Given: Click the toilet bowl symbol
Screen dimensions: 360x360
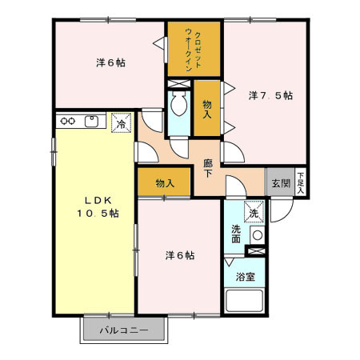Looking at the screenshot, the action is (x=178, y=103).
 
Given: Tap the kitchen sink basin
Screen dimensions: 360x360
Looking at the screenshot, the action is (x=92, y=122).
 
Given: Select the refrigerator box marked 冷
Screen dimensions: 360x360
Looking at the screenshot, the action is (x=122, y=122).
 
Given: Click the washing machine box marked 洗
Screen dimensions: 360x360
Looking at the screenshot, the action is (x=254, y=212).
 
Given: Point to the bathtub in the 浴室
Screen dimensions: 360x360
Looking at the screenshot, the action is (x=245, y=301).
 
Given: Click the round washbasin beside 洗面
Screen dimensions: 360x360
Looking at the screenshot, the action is (x=258, y=235).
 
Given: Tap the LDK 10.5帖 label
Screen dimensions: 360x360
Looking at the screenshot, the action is (x=98, y=207).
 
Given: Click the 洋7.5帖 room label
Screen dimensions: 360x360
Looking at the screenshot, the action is (x=270, y=95).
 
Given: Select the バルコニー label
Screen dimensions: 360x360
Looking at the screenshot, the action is (x=124, y=330).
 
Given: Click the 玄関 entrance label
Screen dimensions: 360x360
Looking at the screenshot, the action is (x=281, y=183).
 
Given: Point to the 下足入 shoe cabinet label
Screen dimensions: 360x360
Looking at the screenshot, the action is (x=301, y=183).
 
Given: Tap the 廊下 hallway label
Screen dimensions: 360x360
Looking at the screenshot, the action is (x=208, y=168).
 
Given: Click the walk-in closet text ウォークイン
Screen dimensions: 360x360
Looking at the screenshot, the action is (x=189, y=50).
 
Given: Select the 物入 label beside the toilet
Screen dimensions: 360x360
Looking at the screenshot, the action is (x=207, y=109).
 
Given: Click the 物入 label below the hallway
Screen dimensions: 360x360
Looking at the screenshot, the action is (x=165, y=183).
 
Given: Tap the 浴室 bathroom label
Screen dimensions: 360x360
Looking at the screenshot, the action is (x=246, y=277).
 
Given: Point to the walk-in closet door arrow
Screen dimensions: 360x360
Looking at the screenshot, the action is (x=158, y=43).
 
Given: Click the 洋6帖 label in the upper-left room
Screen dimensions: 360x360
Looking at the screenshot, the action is (x=110, y=63).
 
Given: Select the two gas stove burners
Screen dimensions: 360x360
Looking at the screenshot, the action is (x=68, y=121).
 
